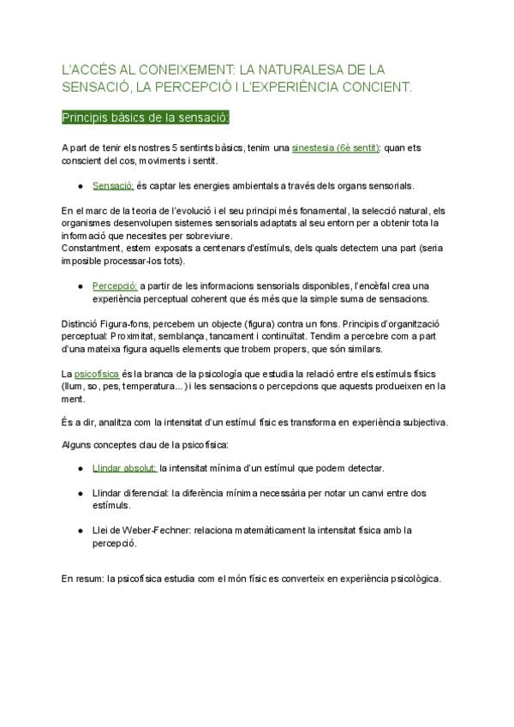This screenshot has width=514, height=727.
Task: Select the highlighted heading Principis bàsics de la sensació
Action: click(x=145, y=117)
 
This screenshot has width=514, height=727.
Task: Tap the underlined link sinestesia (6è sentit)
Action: click(x=336, y=147)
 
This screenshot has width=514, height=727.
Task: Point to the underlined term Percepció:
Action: click(x=115, y=285)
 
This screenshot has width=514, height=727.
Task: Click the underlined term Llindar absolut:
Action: click(x=124, y=468)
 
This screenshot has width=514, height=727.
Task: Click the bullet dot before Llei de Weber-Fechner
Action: click(x=80, y=530)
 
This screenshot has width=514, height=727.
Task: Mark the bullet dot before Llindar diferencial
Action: click(x=80, y=493)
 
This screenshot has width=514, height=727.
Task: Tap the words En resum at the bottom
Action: click(x=81, y=579)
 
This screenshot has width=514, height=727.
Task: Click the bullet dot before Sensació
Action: click(x=80, y=185)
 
